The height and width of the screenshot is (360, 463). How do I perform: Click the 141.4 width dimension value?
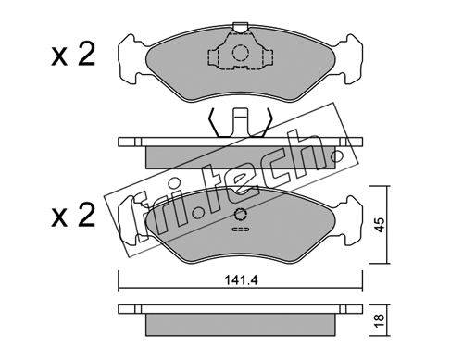(x=241, y=280)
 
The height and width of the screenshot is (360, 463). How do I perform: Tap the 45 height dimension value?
(x=380, y=225)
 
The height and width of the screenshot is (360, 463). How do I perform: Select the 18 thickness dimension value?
(x=380, y=320)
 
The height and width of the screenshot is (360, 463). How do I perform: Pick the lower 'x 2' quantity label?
(x=73, y=216)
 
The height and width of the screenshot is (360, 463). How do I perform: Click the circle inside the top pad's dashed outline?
(x=240, y=53)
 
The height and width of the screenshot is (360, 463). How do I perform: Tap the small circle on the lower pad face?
(x=240, y=215)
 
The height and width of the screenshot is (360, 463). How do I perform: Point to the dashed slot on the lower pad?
(x=240, y=230)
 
